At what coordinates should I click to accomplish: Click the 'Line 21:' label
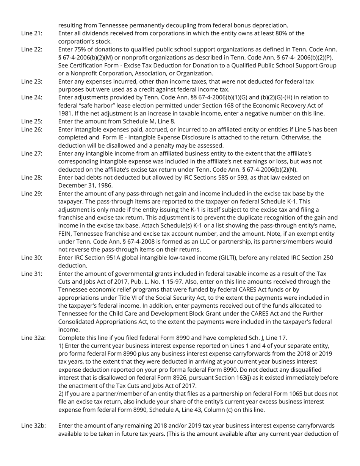(x=32, y=33)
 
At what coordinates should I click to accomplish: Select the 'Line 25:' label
(x=32, y=121)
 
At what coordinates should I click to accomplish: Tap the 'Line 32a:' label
(x=33, y=338)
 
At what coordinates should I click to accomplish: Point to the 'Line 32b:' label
(x=33, y=425)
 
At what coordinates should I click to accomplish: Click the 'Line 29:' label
(x=32, y=194)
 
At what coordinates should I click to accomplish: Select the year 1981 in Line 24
(x=65, y=113)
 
